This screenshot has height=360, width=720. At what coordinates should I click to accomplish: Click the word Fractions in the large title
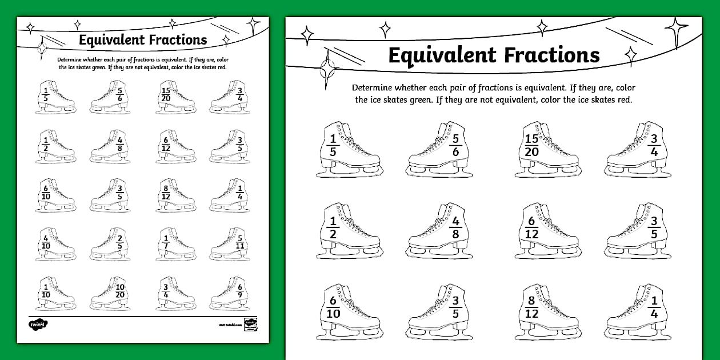pyautogui.click(x=551, y=55)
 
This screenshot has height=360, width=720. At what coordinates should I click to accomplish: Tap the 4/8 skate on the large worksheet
pyautogui.click(x=440, y=230)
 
